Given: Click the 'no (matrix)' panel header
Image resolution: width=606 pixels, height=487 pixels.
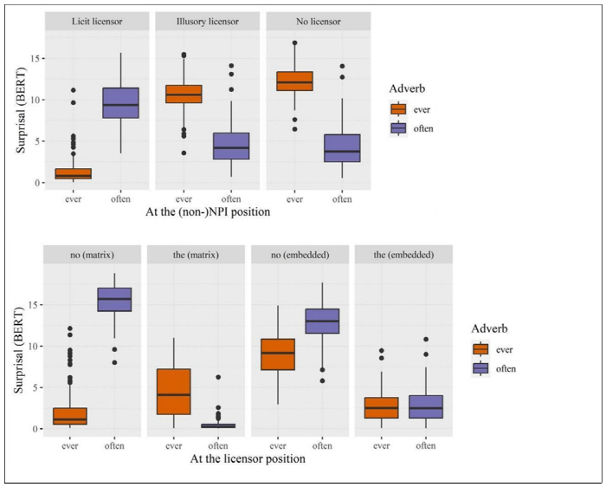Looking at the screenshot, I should (x=93, y=255).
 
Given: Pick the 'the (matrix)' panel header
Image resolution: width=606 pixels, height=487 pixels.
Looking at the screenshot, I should (x=197, y=255).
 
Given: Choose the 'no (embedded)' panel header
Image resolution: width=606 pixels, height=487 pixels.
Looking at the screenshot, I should (x=300, y=255).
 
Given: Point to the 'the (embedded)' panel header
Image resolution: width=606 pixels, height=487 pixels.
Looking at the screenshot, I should (x=403, y=255).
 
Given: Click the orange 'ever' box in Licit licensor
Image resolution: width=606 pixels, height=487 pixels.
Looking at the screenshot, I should (x=73, y=173).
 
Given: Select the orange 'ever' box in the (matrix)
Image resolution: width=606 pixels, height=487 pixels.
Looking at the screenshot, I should (x=173, y=392).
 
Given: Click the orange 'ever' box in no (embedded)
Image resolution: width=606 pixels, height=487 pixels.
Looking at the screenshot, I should (x=277, y=354).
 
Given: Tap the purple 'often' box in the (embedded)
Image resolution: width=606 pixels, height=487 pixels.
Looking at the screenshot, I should (x=426, y=407).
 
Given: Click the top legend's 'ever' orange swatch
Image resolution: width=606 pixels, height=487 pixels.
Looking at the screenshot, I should (x=399, y=109).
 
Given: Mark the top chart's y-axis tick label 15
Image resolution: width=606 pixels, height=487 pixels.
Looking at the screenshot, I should (x=35, y=58).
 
